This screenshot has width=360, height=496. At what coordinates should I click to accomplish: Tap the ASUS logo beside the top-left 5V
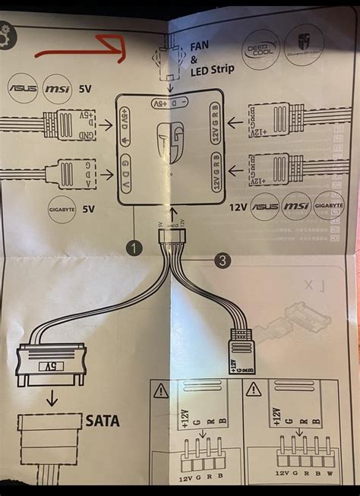pyautogui.click(x=23, y=88)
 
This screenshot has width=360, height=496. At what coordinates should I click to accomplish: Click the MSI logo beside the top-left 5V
pyautogui.click(x=57, y=88)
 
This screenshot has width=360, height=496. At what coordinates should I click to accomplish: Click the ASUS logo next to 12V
pyautogui.click(x=266, y=205)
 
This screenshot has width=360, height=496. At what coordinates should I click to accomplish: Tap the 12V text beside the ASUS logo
pyautogui.click(x=238, y=206)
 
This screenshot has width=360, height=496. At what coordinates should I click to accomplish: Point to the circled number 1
pyautogui.click(x=134, y=248)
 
